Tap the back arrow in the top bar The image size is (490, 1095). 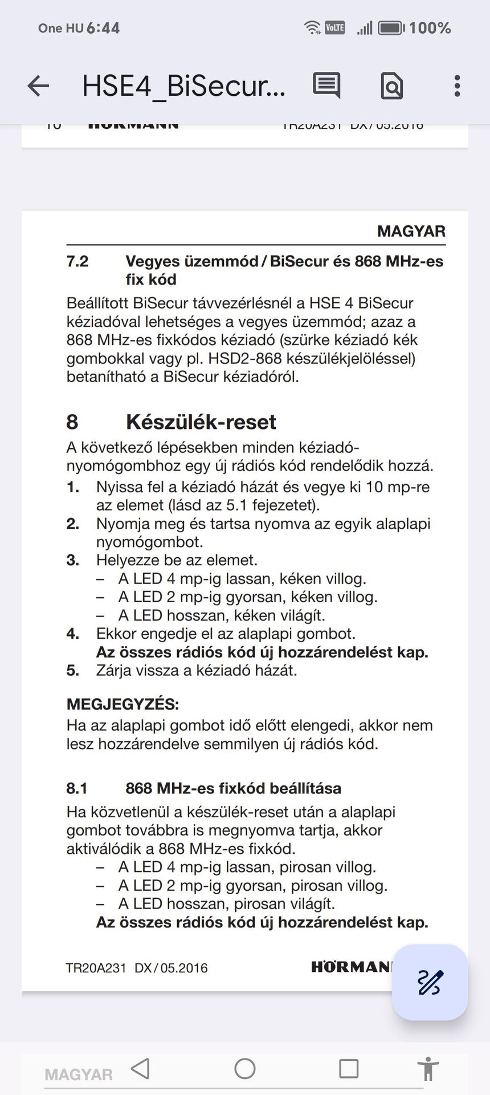(x=38, y=86)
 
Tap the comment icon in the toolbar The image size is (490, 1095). (x=326, y=86)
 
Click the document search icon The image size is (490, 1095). (x=391, y=86)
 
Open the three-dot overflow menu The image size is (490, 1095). (x=457, y=86)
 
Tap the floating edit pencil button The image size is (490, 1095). (x=430, y=982)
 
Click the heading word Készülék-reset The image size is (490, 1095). (x=201, y=422)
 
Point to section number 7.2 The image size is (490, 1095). (x=77, y=261)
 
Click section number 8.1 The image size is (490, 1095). (x=77, y=788)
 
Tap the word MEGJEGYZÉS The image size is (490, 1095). (x=122, y=704)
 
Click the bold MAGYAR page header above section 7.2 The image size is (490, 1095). (x=411, y=231)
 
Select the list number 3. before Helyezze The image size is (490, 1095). (x=73, y=560)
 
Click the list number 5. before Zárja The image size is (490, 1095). (x=73, y=670)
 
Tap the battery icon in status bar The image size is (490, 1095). (x=391, y=27)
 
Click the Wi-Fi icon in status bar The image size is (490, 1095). (x=312, y=27)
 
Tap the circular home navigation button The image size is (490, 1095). (x=245, y=1068)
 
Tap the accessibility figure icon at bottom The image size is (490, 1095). (x=427, y=1069)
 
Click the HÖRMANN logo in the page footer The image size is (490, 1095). (x=351, y=967)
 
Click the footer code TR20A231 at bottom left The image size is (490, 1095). (x=96, y=968)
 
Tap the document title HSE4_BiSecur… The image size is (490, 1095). (x=183, y=86)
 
